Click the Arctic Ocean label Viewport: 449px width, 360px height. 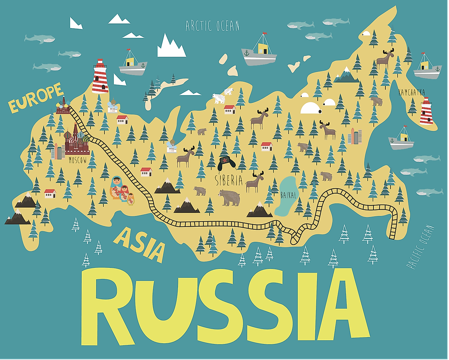[212, 26]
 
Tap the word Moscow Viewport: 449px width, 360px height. [78, 160]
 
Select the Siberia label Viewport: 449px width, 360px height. [229, 180]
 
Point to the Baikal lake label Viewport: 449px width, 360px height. [288, 195]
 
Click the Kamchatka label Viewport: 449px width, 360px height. [412, 92]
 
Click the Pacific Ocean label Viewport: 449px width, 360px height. [420, 247]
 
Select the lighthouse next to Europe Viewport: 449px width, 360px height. [100, 77]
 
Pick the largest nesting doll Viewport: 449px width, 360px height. [116, 187]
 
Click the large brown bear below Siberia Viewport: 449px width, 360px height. [229, 198]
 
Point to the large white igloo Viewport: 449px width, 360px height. [310, 108]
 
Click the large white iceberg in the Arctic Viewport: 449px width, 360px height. [171, 47]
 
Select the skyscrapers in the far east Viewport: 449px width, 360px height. [355, 136]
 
